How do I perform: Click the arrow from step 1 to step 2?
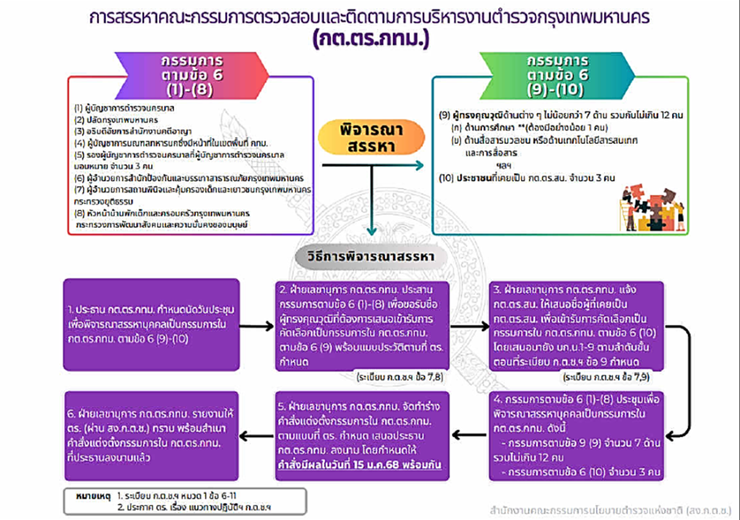pos(257,326)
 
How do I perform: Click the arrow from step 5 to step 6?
pos(257,433)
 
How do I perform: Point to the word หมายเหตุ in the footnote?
pos(90,498)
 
